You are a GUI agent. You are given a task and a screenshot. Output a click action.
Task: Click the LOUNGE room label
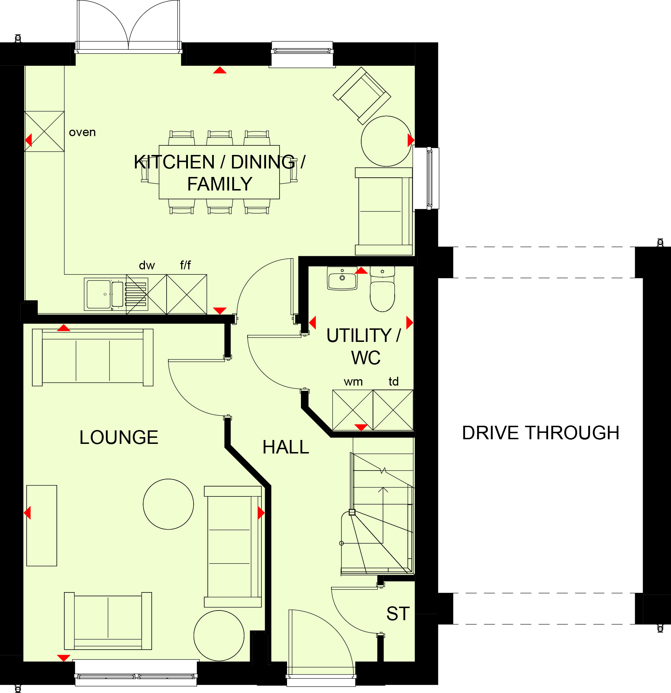point(119,437)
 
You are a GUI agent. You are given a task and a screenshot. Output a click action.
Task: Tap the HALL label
point(286,447)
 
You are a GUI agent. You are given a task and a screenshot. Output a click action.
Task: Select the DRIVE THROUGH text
point(541,433)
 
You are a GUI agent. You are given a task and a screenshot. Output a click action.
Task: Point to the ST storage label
point(398,614)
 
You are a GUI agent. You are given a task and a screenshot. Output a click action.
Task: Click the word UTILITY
point(359,335)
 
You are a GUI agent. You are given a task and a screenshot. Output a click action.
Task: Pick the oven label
point(82,132)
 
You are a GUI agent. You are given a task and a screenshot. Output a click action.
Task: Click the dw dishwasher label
point(147,265)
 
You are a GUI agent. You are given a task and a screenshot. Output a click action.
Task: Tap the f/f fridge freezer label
point(185,265)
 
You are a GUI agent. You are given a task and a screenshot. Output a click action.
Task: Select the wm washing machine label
point(353,382)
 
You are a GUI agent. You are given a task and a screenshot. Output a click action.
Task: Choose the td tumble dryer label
point(394,381)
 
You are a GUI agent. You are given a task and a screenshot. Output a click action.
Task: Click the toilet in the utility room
point(382,289)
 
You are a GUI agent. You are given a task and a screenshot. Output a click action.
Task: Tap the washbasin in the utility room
point(342,278)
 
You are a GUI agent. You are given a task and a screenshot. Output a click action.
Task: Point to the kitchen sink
point(105,294)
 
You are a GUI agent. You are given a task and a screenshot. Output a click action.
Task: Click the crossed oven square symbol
point(44,131)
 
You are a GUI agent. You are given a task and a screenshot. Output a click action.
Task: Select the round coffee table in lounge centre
point(168,504)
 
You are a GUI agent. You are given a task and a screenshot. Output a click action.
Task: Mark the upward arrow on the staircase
point(383,515)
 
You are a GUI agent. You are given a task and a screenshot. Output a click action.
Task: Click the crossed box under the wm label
point(353,410)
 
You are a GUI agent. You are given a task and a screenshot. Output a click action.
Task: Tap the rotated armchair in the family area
point(362,96)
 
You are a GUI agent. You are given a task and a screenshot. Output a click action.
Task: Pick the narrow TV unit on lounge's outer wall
point(42,526)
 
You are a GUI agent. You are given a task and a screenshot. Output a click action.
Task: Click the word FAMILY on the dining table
point(220,184)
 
